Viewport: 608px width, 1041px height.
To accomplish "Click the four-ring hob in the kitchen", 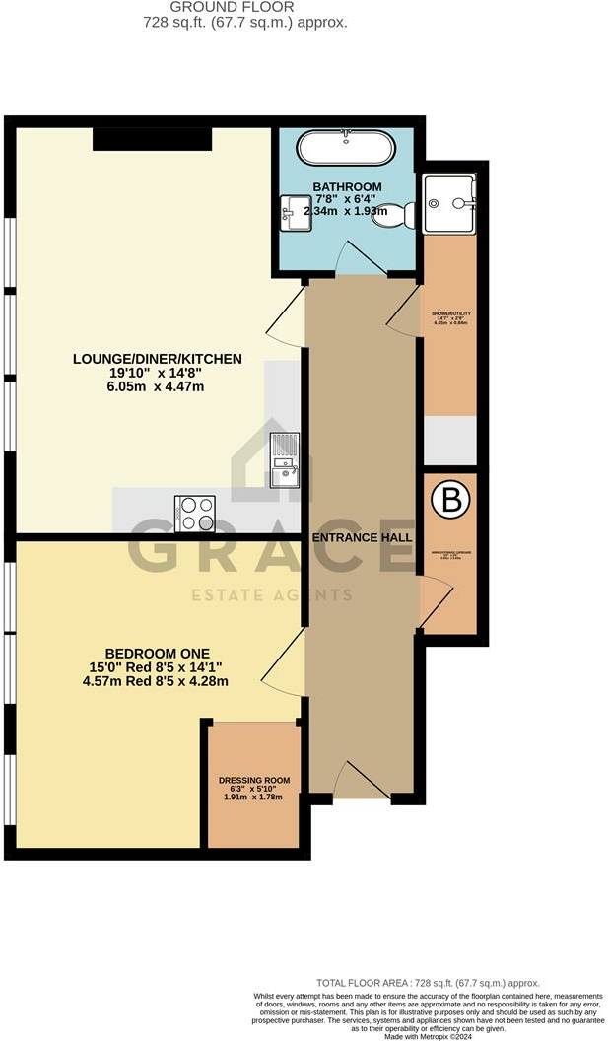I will [x=194, y=513].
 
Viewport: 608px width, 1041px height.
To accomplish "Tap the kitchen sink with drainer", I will [x=285, y=460].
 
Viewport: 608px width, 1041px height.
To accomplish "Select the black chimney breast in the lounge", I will [x=153, y=139].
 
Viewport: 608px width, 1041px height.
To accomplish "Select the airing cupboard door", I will [x=435, y=603].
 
